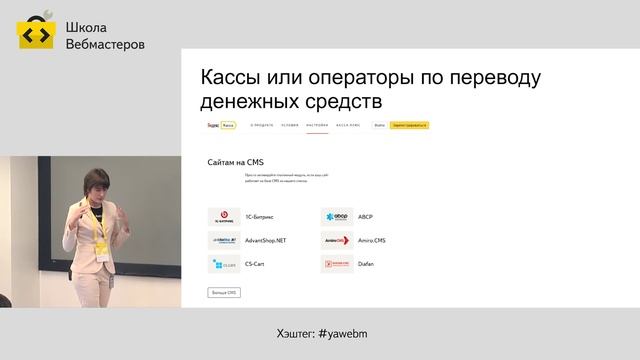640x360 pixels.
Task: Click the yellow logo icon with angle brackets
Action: click(x=35, y=33)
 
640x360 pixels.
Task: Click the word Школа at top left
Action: click(x=86, y=28)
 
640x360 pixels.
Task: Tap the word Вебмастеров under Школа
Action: click(x=104, y=44)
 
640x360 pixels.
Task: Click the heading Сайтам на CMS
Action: click(x=235, y=160)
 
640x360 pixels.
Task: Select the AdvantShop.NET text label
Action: click(x=265, y=241)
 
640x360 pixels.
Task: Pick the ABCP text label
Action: click(x=365, y=216)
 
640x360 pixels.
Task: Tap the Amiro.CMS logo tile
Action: click(x=336, y=241)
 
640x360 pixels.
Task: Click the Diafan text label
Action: click(x=366, y=265)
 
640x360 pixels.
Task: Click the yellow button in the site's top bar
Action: click(x=410, y=125)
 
